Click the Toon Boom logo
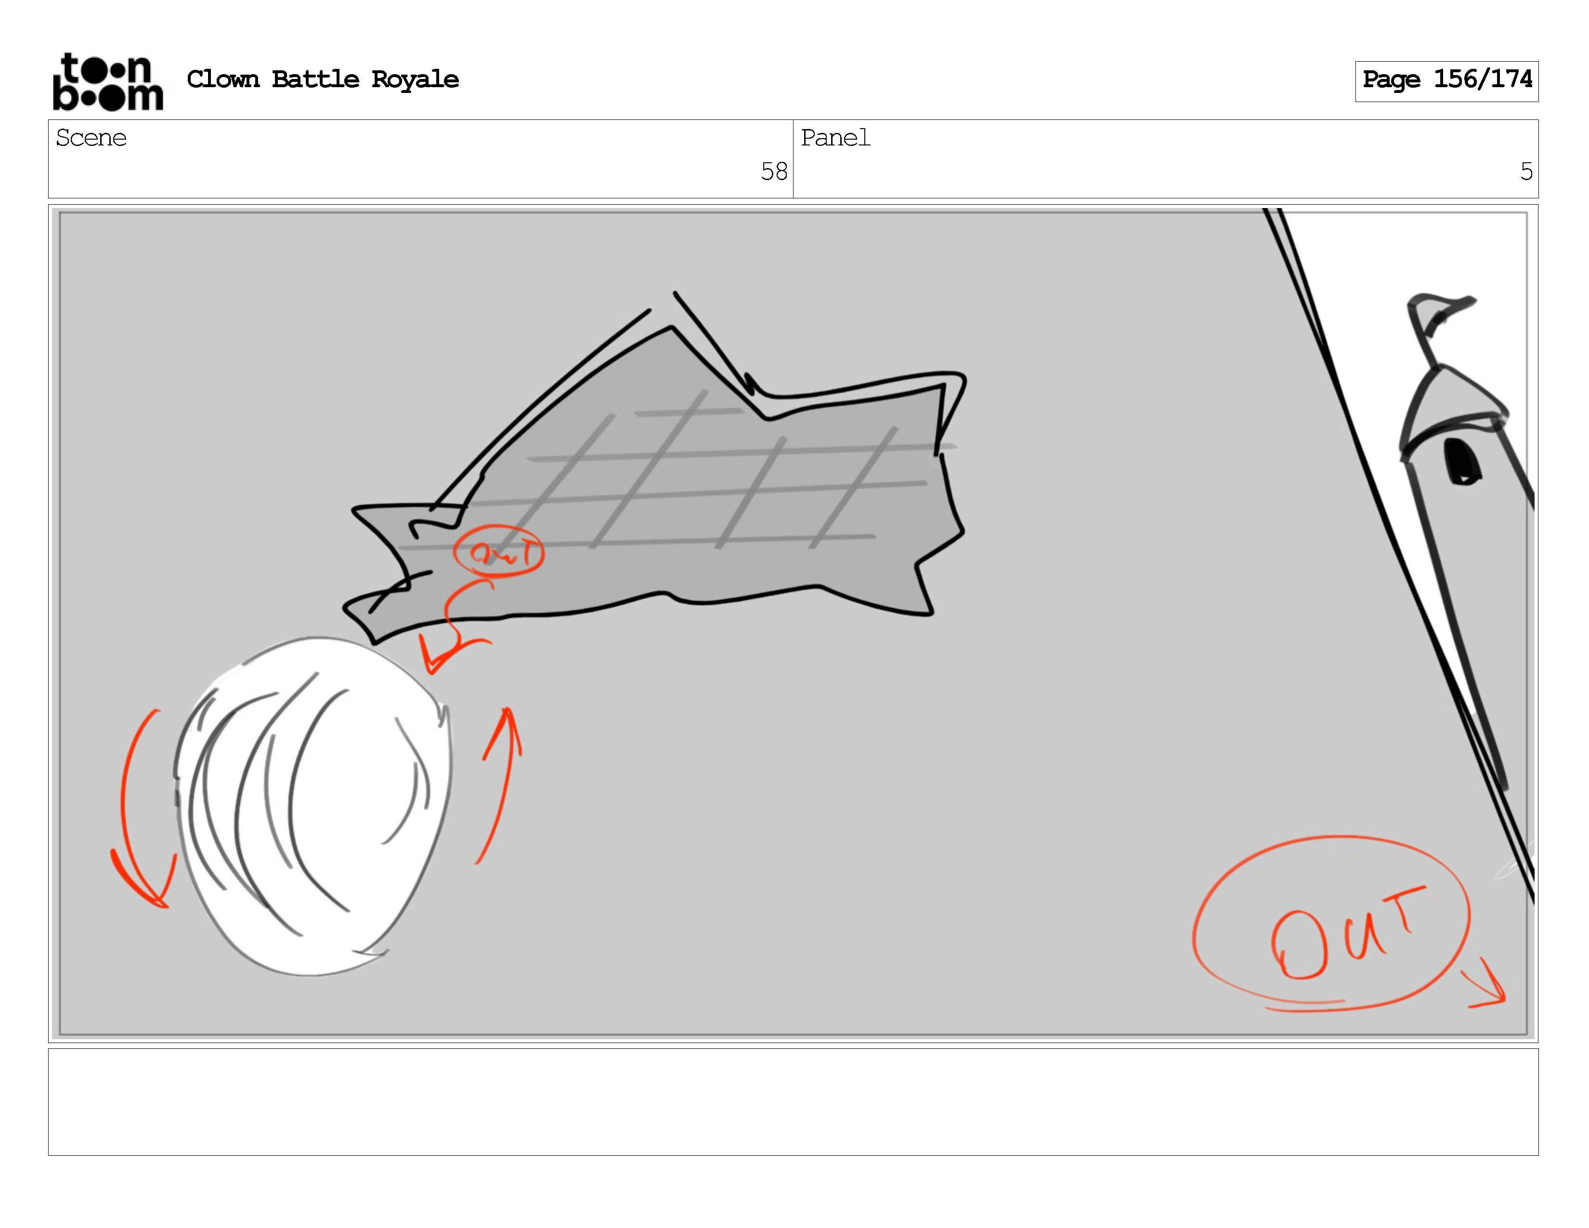click(x=108, y=81)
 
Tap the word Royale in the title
click(x=415, y=80)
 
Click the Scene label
click(x=91, y=138)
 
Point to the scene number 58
click(x=774, y=172)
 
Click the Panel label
click(x=835, y=138)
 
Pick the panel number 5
click(x=1526, y=172)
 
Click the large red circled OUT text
click(x=1331, y=923)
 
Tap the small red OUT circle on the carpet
click(x=498, y=551)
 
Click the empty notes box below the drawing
click(x=793, y=1101)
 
